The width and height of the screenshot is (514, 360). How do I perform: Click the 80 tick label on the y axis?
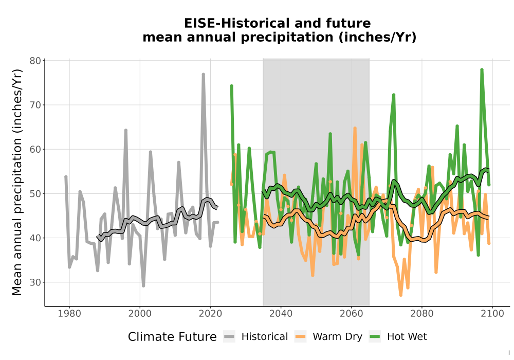pyautogui.click(x=35, y=61)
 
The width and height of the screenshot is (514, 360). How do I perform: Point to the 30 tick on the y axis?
pyautogui.click(x=35, y=282)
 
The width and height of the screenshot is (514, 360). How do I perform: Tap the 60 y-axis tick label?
pyautogui.click(x=35, y=150)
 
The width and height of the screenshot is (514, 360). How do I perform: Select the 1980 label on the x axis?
pyautogui.click(x=69, y=314)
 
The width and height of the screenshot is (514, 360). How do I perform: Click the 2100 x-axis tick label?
pyautogui.click(x=492, y=314)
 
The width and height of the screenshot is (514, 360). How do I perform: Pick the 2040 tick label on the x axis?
pyautogui.click(x=281, y=314)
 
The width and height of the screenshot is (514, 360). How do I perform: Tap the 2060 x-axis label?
pyautogui.click(x=351, y=314)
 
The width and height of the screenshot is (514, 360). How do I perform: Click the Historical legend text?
pyautogui.click(x=265, y=337)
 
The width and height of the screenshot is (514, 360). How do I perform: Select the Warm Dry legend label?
pyautogui.click(x=337, y=337)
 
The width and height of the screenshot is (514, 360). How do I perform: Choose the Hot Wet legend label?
pyautogui.click(x=407, y=337)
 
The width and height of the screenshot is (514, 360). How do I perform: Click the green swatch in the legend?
pyautogui.click(x=375, y=337)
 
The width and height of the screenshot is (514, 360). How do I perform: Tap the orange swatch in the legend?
pyautogui.click(x=300, y=337)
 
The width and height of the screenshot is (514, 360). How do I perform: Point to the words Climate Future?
pyautogui.click(x=172, y=337)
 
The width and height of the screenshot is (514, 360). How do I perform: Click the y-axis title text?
pyautogui.click(x=17, y=182)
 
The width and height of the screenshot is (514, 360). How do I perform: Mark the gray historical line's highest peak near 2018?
pyautogui.click(x=203, y=75)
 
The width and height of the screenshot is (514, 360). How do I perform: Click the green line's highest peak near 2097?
pyautogui.click(x=482, y=69)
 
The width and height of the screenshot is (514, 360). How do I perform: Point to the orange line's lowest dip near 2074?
pyautogui.click(x=400, y=295)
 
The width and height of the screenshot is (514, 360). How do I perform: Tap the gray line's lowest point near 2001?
pyautogui.click(x=143, y=285)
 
